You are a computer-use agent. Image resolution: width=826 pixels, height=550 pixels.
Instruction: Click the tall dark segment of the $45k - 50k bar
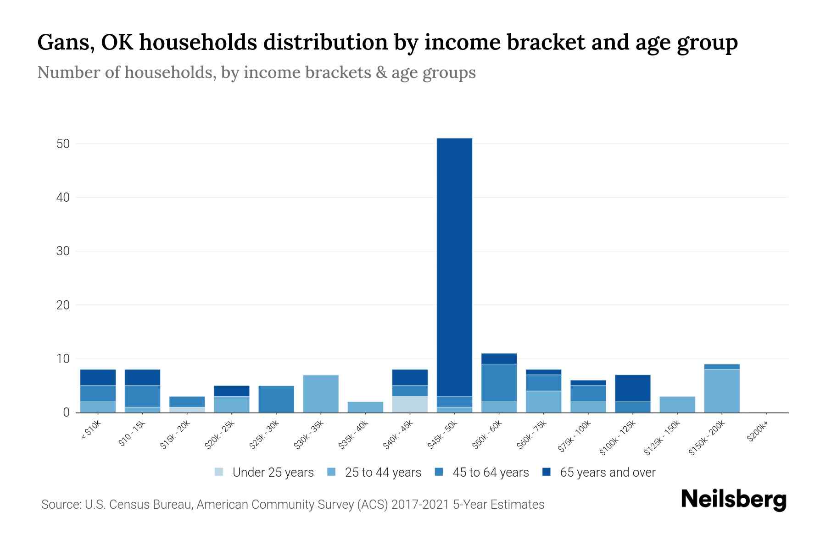[454, 266]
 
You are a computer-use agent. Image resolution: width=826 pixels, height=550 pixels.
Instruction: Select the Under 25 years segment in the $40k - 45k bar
[410, 404]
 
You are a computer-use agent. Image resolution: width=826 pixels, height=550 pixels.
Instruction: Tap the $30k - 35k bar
[321, 394]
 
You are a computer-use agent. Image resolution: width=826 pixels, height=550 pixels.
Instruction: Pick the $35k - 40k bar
[365, 407]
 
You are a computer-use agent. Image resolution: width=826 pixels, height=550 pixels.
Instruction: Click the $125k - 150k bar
[677, 404]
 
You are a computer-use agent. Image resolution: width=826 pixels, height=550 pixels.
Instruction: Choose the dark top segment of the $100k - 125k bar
[633, 388]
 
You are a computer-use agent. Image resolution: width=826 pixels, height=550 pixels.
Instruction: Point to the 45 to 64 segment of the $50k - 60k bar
[499, 383]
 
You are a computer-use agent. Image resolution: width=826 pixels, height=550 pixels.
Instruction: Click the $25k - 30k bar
[276, 399]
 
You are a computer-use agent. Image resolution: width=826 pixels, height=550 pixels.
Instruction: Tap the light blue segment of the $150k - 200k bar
[722, 390]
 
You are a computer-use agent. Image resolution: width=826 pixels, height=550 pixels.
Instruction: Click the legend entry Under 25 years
[273, 473]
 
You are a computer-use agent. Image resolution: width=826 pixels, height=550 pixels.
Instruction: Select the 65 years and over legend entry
[607, 473]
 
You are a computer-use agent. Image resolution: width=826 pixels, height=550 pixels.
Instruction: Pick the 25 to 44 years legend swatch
[331, 472]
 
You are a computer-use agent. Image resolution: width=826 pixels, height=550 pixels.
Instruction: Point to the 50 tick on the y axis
[63, 144]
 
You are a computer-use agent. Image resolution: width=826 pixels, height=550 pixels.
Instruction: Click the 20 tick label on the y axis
[63, 305]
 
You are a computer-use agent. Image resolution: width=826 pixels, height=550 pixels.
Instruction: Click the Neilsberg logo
[733, 499]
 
